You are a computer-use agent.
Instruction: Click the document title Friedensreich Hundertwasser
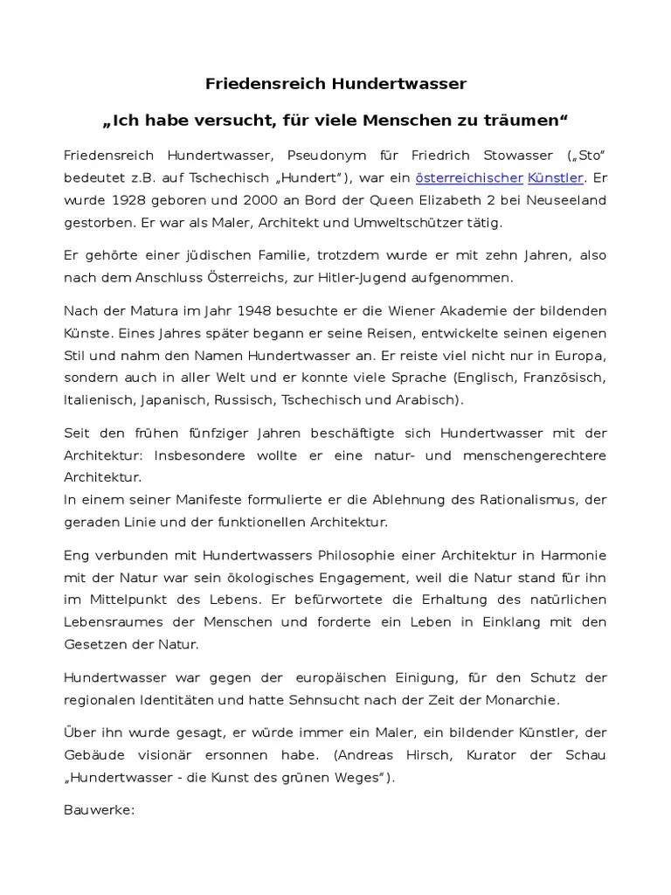coord(335,84)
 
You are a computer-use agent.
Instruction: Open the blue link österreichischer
coord(469,178)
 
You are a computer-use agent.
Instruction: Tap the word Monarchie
coord(521,700)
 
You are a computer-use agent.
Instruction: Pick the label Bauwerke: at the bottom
coord(99,810)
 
